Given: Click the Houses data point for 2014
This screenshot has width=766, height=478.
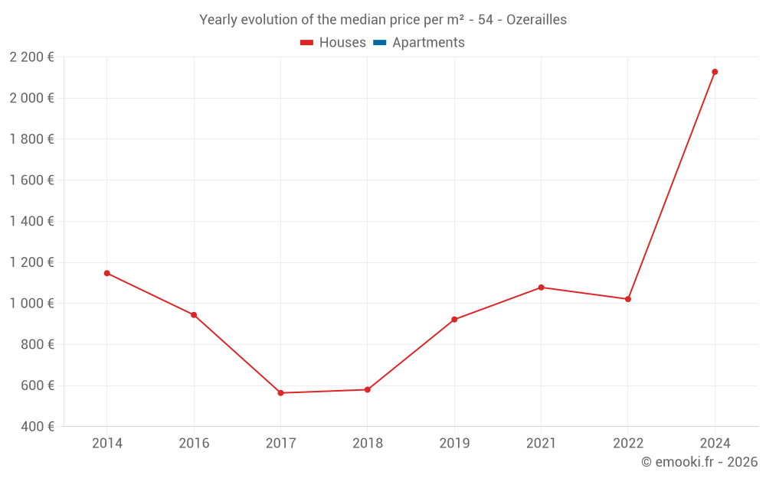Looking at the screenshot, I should [x=107, y=273].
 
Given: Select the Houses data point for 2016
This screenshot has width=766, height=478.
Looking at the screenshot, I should [x=194, y=315].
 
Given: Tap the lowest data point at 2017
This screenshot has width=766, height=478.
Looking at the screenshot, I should [x=280, y=393].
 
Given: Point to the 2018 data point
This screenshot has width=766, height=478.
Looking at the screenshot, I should [x=368, y=390].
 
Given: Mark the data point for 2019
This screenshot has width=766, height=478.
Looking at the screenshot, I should [x=454, y=320].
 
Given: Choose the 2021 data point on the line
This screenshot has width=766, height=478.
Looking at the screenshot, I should [x=541, y=288].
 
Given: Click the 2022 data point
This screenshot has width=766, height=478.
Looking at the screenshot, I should [x=628, y=299].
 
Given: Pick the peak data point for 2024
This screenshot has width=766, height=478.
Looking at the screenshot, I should [x=715, y=72].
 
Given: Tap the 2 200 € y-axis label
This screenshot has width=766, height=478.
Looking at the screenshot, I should [x=32, y=57].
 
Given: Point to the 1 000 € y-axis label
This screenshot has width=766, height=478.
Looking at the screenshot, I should [x=32, y=304].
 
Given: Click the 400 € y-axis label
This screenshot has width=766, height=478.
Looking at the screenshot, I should [x=37, y=427].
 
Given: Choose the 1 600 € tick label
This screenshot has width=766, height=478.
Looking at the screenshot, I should [x=32, y=180].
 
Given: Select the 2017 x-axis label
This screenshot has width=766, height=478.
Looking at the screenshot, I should [x=280, y=444].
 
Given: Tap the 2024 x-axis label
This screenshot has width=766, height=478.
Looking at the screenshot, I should [x=715, y=444].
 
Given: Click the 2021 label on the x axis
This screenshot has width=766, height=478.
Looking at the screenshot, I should [x=541, y=444].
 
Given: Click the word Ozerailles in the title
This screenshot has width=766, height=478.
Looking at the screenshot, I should [x=536, y=20].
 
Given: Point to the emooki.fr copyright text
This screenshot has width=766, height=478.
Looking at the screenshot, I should [x=699, y=462].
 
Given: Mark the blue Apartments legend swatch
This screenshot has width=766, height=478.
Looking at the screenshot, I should [x=378, y=43].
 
